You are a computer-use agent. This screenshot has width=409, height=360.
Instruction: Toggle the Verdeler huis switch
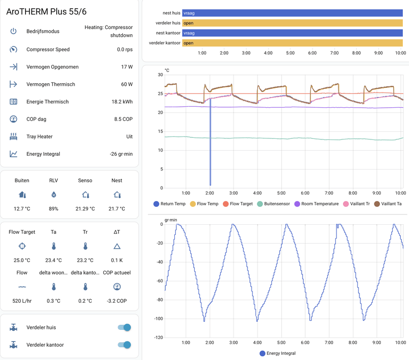point(124,328)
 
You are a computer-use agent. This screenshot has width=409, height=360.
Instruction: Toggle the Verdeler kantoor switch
point(124,345)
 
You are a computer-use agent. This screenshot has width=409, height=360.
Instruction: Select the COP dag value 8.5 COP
point(121,119)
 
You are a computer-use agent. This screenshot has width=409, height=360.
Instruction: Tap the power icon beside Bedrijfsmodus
point(14,31)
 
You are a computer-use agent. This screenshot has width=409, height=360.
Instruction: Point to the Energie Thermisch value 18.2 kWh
point(120,102)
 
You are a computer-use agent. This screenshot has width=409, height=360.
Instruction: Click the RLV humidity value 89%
point(54,208)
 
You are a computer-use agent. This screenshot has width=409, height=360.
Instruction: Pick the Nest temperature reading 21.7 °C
point(117,208)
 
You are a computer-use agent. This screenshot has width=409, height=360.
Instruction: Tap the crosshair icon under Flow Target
point(22,246)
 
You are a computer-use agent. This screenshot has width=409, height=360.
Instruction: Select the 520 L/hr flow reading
point(22,301)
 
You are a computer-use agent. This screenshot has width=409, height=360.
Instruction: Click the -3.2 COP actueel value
point(117,301)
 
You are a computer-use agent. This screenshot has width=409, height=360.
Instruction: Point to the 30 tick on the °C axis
point(160,75)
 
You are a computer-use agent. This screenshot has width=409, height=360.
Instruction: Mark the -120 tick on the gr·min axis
point(157,338)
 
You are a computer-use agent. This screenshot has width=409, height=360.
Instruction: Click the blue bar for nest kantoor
point(293,33)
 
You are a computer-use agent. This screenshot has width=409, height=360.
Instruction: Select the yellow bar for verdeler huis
point(293,23)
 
